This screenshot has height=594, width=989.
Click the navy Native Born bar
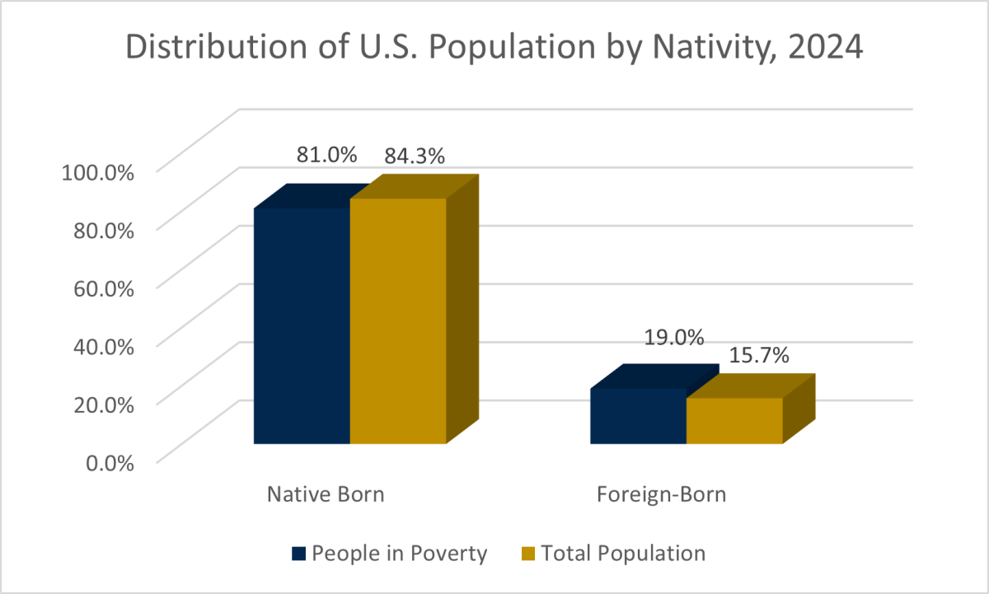click(x=302, y=325)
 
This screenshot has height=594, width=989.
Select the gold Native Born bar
click(x=398, y=321)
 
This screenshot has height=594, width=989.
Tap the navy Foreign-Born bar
click(x=639, y=416)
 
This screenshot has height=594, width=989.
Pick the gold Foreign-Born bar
click(x=734, y=421)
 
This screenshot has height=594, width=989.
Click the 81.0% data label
click(x=327, y=154)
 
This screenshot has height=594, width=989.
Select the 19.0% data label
click(x=674, y=337)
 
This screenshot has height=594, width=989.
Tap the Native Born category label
click(x=326, y=495)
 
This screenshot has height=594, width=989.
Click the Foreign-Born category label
click(x=662, y=495)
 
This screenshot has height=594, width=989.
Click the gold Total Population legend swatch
click(x=527, y=554)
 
